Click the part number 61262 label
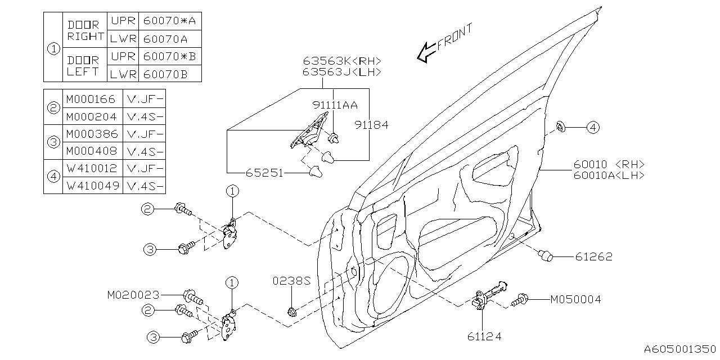593,256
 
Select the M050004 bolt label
575,300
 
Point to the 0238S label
292,280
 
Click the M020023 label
133,295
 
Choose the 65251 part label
264,173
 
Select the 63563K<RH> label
342,61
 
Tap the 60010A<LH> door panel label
609,175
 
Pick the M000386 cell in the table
92,134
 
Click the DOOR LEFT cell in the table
83,65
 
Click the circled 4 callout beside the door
592,128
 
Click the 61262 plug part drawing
546,256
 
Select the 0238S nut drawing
291,311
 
